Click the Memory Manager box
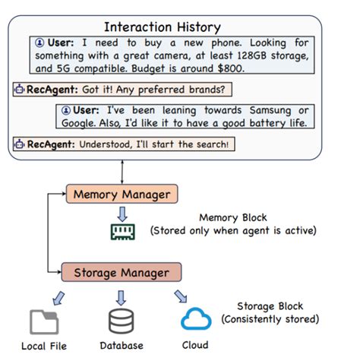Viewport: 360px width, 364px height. pos(122,194)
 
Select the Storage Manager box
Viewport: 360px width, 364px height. pos(122,271)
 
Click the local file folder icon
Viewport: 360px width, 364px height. pos(44,321)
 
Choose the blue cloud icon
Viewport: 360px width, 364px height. pos(196,319)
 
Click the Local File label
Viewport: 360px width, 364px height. pos(44,346)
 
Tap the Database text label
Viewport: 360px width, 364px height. pos(122,346)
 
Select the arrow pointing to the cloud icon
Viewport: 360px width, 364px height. pos(178,295)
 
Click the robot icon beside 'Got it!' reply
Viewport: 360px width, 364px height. pos(20,89)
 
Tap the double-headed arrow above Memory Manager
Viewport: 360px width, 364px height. pos(122,172)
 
